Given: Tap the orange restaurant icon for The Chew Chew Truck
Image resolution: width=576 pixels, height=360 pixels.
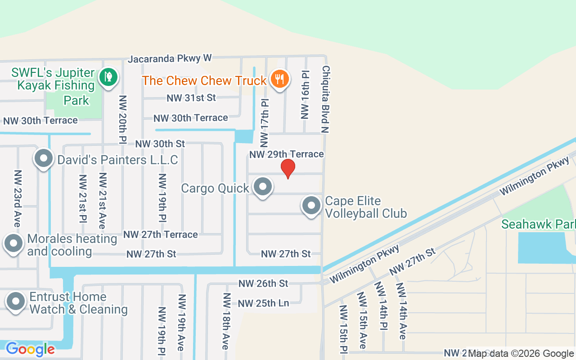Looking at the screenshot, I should coord(280,80).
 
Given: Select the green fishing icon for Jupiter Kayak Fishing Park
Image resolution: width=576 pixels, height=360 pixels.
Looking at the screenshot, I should coord(108,77).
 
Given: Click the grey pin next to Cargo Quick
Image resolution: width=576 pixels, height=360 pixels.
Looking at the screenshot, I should coord(262,186).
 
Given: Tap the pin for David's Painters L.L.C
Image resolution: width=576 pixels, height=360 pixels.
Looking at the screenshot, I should coord(44,158).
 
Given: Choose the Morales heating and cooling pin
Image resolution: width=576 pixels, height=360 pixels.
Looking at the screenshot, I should coord(13,243).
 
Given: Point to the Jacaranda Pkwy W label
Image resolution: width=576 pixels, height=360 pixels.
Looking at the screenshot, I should coord(170,58).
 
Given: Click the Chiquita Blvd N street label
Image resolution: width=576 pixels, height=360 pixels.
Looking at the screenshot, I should coord(325,99).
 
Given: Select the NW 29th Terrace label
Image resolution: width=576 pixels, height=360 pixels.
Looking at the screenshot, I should coord(287,154).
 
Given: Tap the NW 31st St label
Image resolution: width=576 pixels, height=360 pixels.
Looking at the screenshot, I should coord(191,98).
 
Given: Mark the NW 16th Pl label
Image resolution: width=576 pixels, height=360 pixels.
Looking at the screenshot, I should coord(306,94).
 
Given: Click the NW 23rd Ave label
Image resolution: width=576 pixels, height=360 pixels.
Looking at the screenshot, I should coord(17,198).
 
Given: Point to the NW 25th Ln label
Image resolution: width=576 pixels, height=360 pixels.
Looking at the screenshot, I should coord(263,303).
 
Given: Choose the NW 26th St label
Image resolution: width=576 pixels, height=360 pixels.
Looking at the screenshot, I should coord(263,283).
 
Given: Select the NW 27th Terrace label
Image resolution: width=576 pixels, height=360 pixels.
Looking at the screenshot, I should coord(161,234).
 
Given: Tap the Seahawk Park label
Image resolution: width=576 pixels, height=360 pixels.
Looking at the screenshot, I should coord(538,224).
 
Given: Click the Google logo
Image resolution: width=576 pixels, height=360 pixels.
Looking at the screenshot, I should coord(30,349).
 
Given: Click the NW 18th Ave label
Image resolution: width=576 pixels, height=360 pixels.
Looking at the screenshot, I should coord(226,321).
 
